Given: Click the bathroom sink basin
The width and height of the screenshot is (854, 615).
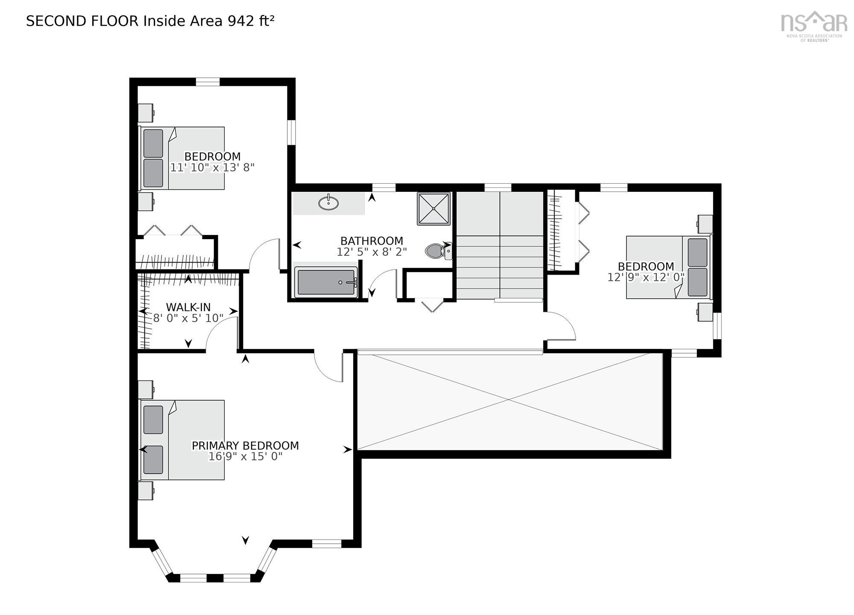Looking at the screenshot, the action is point(328,202).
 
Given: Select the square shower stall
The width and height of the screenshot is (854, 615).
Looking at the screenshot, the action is point(434,208).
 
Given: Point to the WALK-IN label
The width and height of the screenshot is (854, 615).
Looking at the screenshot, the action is point(188,307).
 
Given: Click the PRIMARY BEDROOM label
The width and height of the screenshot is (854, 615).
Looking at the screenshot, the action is point(245,445).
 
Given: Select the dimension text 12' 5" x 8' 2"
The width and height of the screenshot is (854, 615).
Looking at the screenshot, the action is point(371,252).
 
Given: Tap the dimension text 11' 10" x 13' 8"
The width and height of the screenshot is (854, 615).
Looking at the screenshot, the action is point(212,167).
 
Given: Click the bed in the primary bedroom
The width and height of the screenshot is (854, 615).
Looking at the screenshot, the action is point(183,440).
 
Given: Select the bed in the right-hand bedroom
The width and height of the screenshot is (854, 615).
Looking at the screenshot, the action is point(668,267).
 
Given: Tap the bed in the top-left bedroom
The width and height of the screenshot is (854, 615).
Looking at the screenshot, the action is point(183,158).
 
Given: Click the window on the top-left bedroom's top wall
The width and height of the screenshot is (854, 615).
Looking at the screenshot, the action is point(208,82).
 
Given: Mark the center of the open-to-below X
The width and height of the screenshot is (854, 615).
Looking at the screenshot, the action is point(509,400).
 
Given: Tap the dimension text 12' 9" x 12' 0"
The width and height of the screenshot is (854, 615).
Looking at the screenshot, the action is point(646,277).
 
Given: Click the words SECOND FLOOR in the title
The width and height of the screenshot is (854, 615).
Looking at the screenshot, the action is point(82,21).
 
